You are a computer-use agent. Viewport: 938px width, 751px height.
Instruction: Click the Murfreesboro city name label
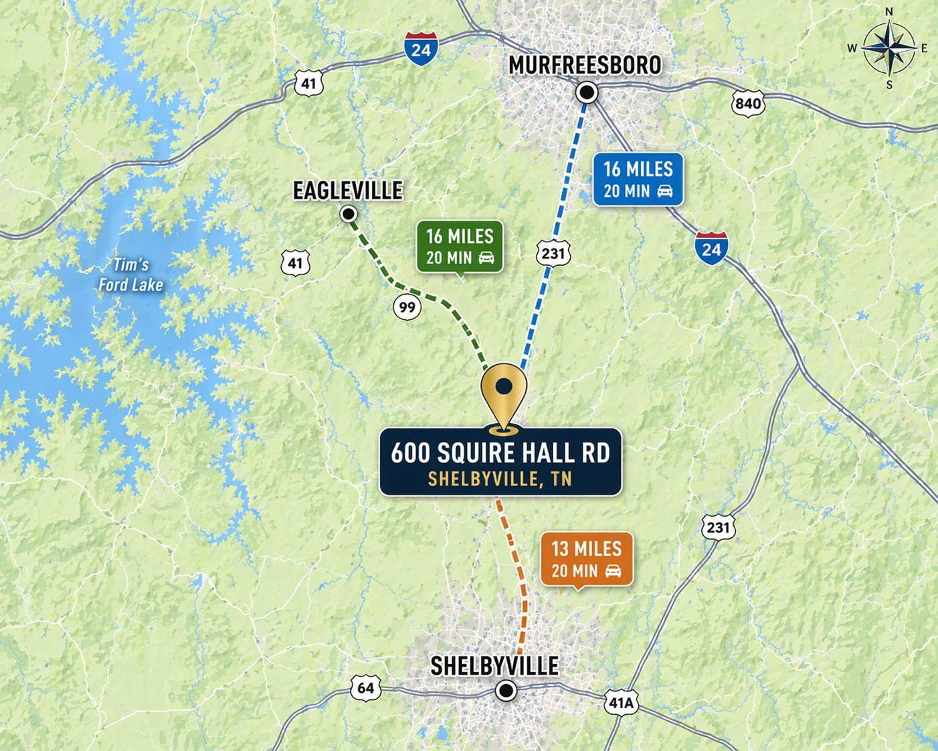coord(585,66)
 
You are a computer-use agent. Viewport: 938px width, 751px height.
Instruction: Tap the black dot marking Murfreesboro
coord(587,92)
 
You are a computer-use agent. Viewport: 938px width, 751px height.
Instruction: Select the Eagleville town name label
coord(348,191)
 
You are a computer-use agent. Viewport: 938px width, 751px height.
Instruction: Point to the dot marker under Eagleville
coord(349,214)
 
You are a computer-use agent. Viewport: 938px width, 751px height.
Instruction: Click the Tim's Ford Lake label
coord(130,275)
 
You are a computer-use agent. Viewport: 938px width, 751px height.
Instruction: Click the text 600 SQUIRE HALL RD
coord(500,453)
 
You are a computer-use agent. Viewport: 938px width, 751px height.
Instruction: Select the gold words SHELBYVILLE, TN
coord(500,479)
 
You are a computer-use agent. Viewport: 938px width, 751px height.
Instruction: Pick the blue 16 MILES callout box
coord(638,179)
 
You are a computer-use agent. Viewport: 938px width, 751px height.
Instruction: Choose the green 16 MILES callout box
coord(460,246)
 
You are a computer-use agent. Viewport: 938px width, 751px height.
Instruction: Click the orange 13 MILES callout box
coord(586,559)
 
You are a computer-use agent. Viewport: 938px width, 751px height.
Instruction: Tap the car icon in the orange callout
coord(613,571)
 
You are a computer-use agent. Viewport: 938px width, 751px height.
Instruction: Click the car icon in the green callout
coord(486,258)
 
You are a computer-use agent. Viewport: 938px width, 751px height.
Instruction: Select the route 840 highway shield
coord(748,103)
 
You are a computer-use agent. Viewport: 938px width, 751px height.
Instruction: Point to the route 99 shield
coord(407,307)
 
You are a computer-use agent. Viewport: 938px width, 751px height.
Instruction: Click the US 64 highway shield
coord(365,688)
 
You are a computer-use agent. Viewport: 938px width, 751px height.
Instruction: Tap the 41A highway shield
coord(621,703)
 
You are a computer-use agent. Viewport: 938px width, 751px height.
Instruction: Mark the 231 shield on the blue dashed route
coord(553,253)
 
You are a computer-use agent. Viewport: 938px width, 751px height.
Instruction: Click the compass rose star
coord(888,48)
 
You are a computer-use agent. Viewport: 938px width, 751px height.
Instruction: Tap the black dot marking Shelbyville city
coord(506,691)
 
